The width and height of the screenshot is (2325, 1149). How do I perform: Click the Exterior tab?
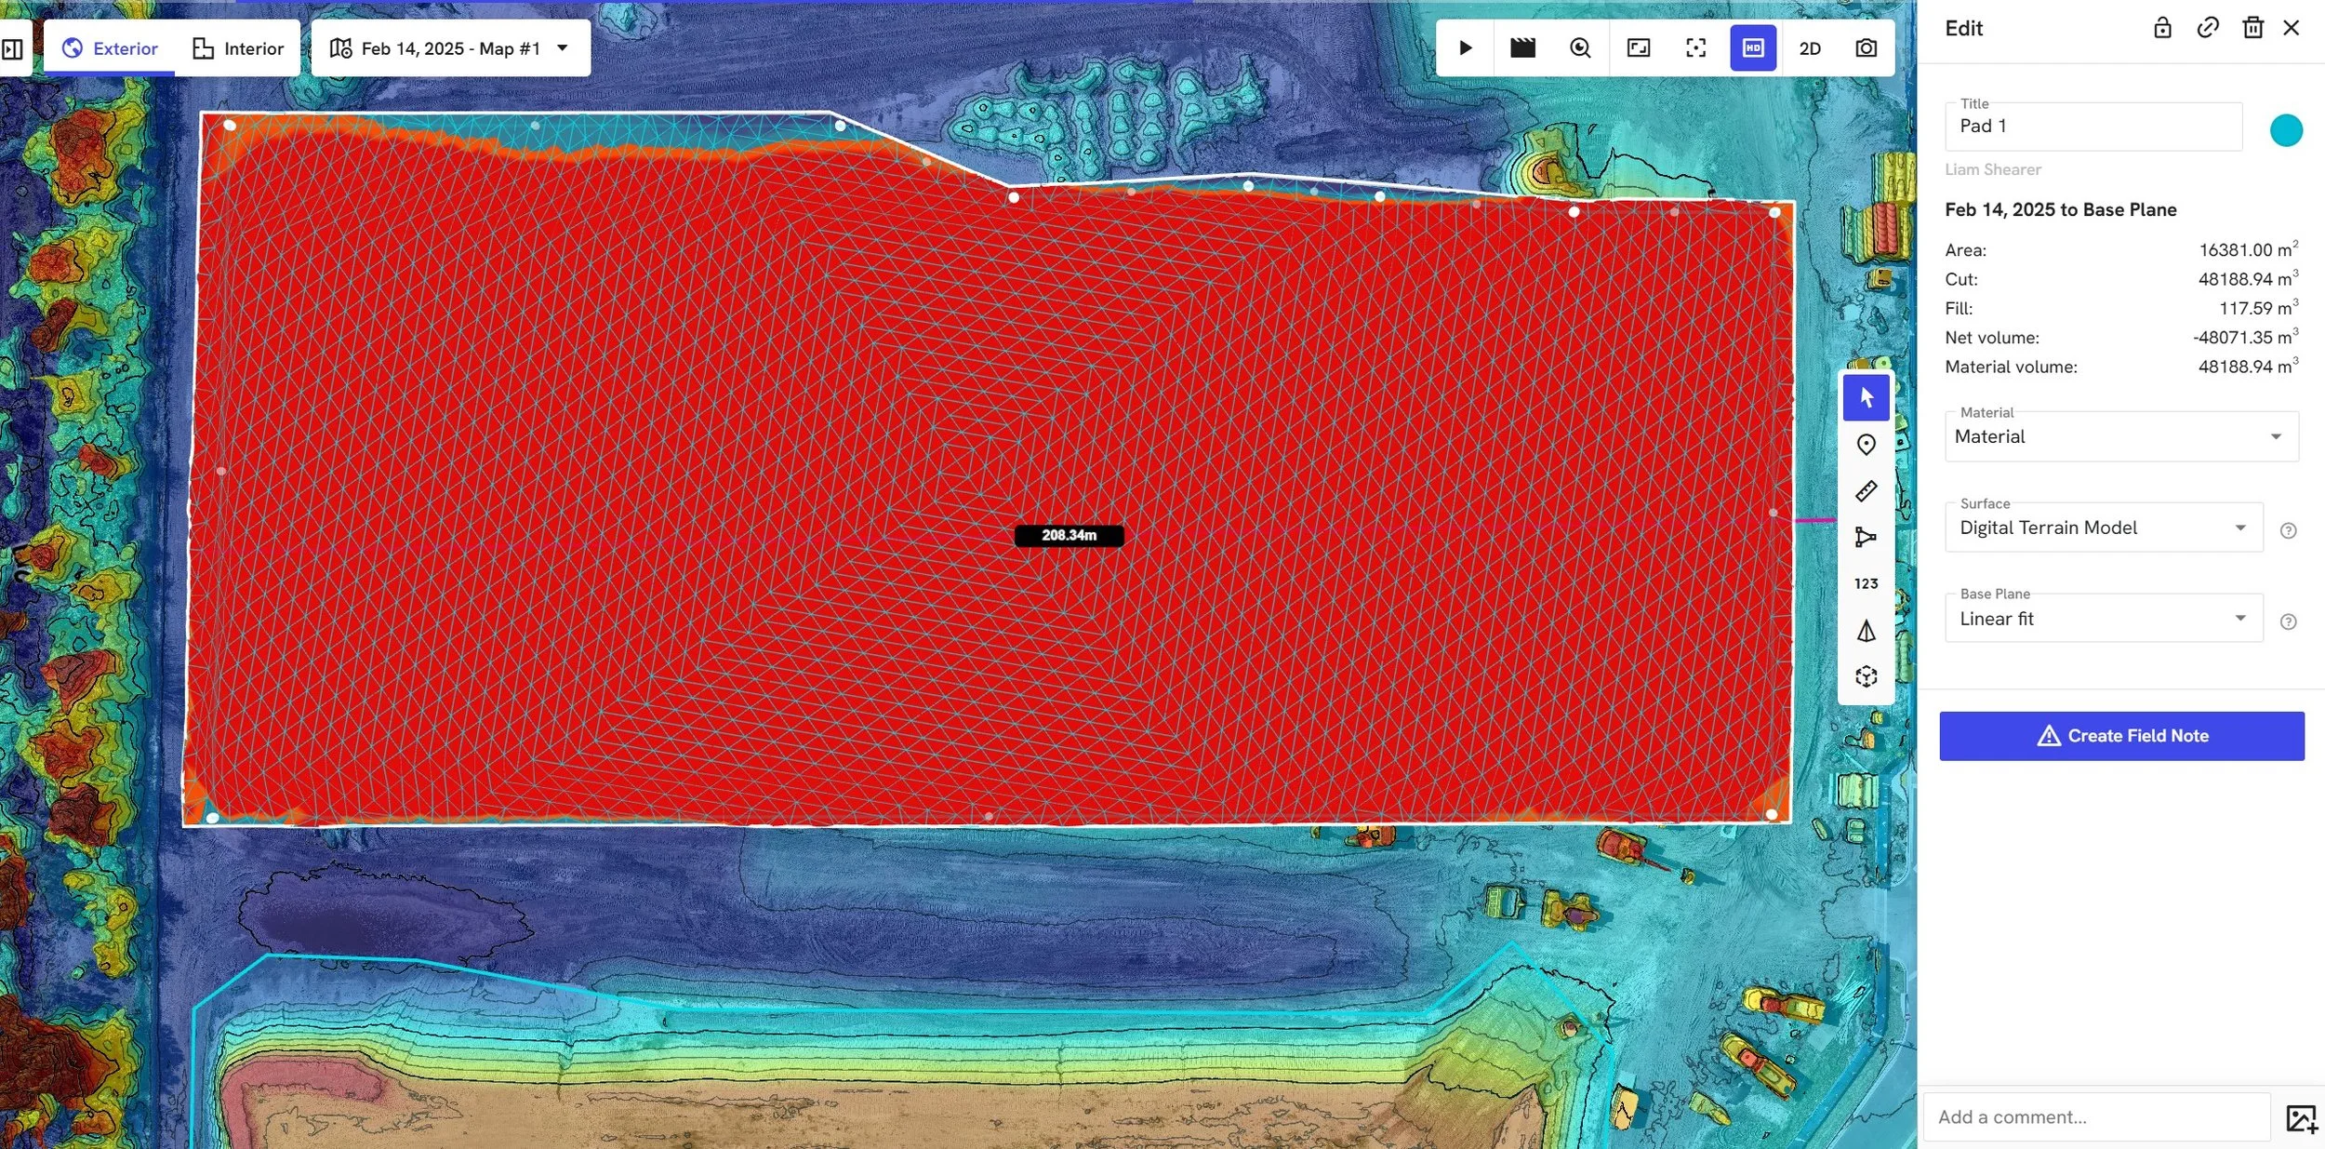tap(110, 48)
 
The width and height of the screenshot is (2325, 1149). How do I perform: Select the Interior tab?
tap(238, 48)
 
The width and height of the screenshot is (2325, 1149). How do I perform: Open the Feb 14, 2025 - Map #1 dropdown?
tap(450, 48)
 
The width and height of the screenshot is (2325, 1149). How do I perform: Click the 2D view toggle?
tap(1809, 48)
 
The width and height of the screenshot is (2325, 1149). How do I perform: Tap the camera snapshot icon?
tap(1866, 48)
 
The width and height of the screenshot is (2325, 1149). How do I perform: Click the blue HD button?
tap(1752, 48)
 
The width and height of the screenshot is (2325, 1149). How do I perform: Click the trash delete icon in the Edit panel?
tap(2252, 28)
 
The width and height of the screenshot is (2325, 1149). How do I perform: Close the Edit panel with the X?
tap(2291, 28)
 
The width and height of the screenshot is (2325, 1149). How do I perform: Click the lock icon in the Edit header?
tap(2162, 28)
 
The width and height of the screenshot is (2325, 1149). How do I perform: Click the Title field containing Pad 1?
tap(2092, 127)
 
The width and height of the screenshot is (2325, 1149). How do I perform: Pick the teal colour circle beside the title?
tap(2285, 130)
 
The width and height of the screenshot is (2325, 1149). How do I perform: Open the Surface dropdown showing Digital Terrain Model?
tap(2103, 528)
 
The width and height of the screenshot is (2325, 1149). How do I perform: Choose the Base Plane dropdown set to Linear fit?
tap(2103, 619)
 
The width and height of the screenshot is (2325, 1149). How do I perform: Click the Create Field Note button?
tap(2121, 736)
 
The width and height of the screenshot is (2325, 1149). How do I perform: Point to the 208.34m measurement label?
tap(1069, 536)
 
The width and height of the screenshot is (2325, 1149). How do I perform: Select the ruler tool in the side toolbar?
tap(1866, 491)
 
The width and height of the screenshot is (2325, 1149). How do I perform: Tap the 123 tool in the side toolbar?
tap(1866, 584)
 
